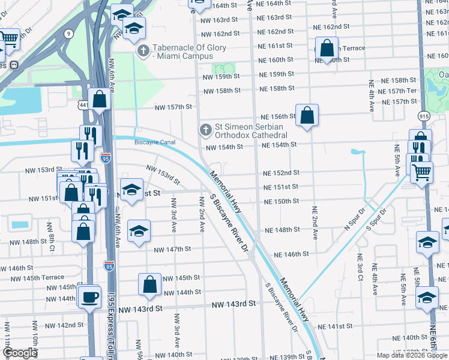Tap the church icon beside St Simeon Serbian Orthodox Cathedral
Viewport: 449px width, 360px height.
tap(205, 129)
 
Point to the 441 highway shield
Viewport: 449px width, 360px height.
tap(83, 105)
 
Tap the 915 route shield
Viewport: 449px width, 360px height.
tap(424, 116)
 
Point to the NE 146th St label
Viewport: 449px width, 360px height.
tap(291, 254)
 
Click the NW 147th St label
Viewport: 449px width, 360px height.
tap(172, 249)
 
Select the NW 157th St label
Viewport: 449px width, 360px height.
tap(173, 107)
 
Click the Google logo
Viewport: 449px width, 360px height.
tap(20, 353)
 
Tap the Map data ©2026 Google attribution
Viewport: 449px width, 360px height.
tap(411, 355)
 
